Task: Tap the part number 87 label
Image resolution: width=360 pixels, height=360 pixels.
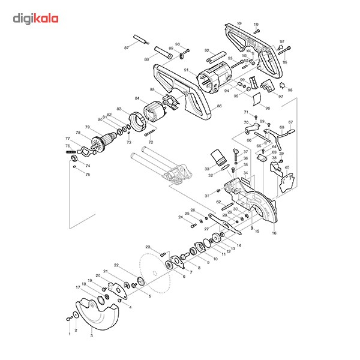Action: pos(127,47)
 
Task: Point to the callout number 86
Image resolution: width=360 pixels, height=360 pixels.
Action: pos(220,106)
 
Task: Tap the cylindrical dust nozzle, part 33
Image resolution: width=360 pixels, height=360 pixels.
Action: pos(220,158)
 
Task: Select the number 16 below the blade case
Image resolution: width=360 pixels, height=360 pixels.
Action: pos(274,232)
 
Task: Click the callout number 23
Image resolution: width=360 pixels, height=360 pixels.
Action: pos(147,247)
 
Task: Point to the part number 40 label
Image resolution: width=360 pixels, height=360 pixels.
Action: pos(287,167)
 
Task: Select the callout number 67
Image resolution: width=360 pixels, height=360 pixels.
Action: pos(290,122)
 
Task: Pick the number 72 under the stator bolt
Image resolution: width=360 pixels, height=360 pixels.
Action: pos(151,142)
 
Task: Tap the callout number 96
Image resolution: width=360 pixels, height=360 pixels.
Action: pos(268,108)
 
